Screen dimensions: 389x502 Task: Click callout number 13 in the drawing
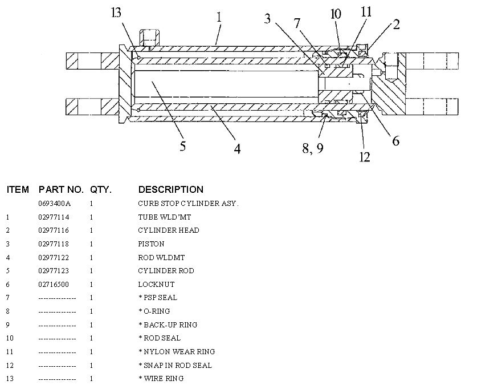coord(116,13)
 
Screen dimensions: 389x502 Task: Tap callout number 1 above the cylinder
coord(219,18)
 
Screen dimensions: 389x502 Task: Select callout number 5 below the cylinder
coord(183,146)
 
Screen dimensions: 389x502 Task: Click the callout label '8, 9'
coord(312,148)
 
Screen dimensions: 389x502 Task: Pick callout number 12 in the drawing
coord(365,156)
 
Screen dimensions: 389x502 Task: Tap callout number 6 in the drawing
coord(395,140)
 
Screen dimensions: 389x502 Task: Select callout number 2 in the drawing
coord(396,24)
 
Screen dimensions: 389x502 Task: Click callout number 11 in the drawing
coord(365,11)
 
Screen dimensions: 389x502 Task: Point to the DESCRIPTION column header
coord(170,189)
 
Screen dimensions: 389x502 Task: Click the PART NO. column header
coord(61,189)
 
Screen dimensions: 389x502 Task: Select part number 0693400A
coord(55,204)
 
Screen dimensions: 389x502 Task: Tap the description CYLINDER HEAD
coord(169,230)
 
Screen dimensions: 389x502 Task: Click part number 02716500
coord(55,284)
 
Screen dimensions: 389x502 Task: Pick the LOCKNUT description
coord(156,284)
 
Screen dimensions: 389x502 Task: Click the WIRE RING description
coord(163,378)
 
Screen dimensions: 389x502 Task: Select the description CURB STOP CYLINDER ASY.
coord(188,204)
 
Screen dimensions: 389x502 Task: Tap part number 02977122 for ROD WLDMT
coord(55,257)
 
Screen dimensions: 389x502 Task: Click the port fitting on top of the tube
coord(149,38)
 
